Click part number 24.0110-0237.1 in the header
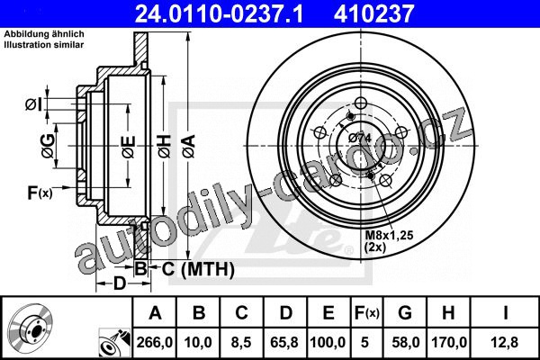click(x=219, y=13)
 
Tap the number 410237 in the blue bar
click(x=373, y=13)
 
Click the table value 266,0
click(x=154, y=342)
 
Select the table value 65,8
click(x=284, y=342)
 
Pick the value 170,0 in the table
click(x=449, y=342)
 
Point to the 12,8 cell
click(x=505, y=342)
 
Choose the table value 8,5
click(x=241, y=342)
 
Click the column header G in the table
click(x=405, y=313)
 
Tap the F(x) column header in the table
click(x=367, y=313)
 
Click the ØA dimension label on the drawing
click(x=189, y=147)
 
